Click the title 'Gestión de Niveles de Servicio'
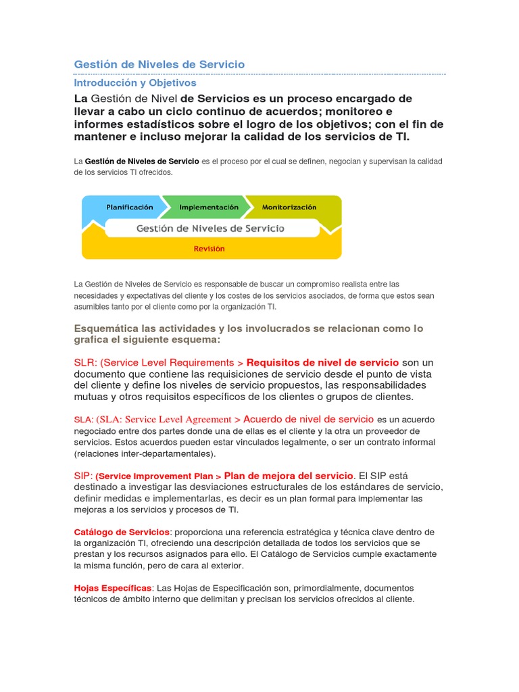pos(159,64)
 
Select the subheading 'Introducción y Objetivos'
pos(135,82)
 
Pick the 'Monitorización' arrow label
pos(289,207)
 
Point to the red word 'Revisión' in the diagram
pos(209,249)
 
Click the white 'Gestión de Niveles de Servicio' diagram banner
pos(210,228)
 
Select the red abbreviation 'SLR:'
pos(86,362)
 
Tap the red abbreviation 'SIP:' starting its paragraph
pos(83,476)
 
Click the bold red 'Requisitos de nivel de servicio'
pos(323,362)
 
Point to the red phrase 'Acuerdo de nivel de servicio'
pos(308,419)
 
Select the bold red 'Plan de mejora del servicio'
pos(289,476)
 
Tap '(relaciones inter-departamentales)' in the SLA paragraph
pos(145,453)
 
